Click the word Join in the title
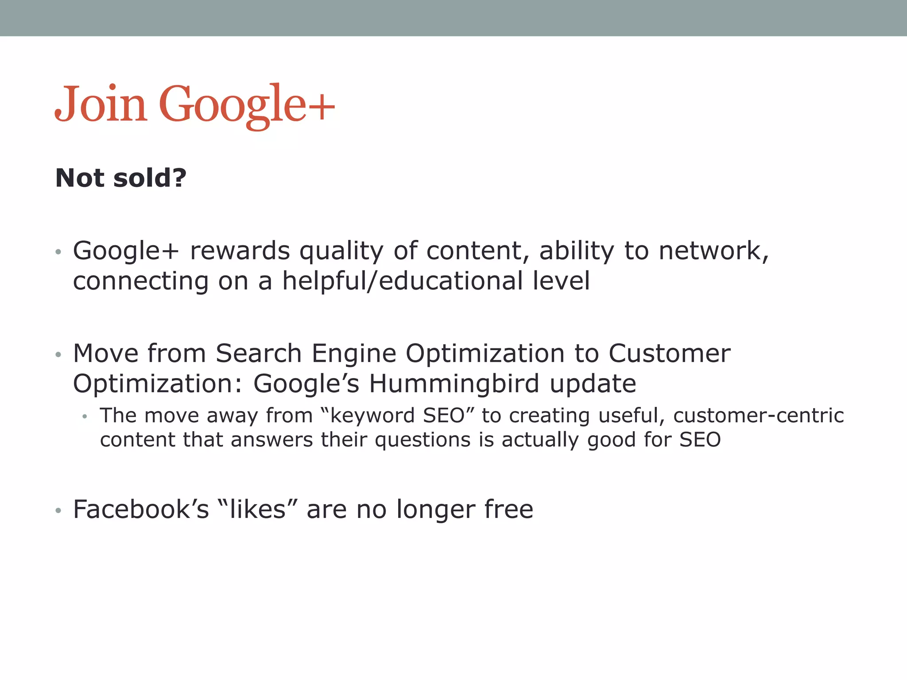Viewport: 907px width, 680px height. click(x=101, y=104)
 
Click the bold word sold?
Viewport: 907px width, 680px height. click(x=150, y=178)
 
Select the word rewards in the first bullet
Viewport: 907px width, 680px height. click(x=240, y=251)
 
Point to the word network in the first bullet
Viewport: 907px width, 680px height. click(x=713, y=251)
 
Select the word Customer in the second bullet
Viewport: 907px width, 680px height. click(x=669, y=354)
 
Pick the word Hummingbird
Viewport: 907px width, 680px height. click(x=454, y=384)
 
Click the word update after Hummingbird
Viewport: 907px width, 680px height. click(x=593, y=384)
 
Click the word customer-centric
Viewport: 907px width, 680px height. click(x=758, y=416)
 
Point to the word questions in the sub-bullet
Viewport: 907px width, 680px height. click(x=422, y=440)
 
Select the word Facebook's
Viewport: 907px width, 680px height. click(x=141, y=510)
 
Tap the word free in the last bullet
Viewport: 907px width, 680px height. click(x=508, y=510)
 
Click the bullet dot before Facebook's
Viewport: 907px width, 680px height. click(x=58, y=511)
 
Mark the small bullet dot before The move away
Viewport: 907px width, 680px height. click(x=85, y=417)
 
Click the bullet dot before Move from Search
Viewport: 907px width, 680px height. click(x=58, y=355)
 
